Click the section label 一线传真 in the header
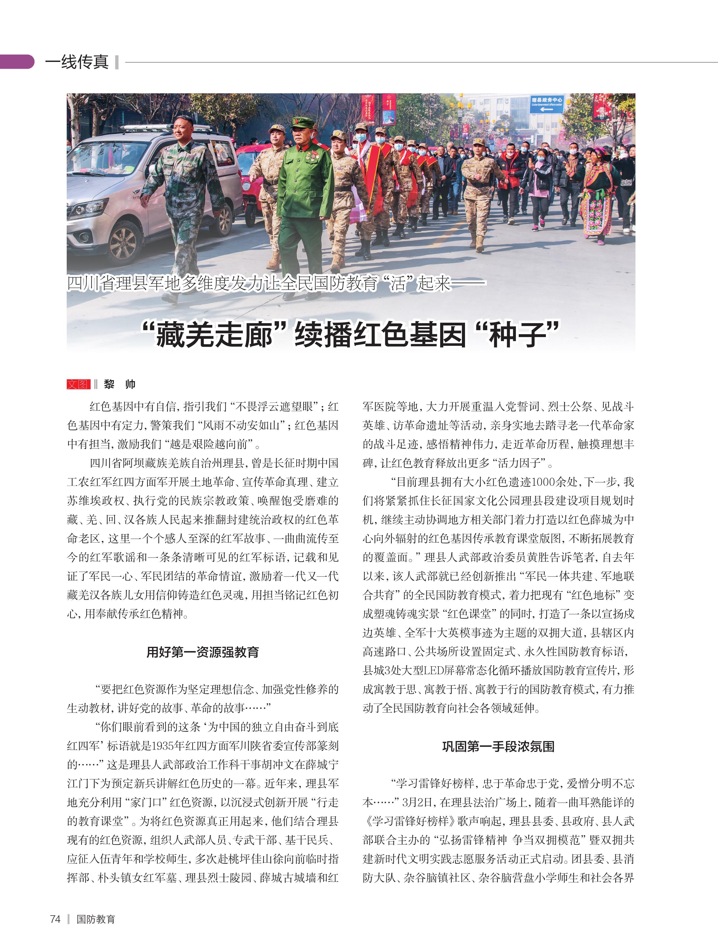77,62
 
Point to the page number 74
55,919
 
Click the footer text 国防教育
96,919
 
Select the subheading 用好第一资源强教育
203,652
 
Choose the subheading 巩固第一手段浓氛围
498,746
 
